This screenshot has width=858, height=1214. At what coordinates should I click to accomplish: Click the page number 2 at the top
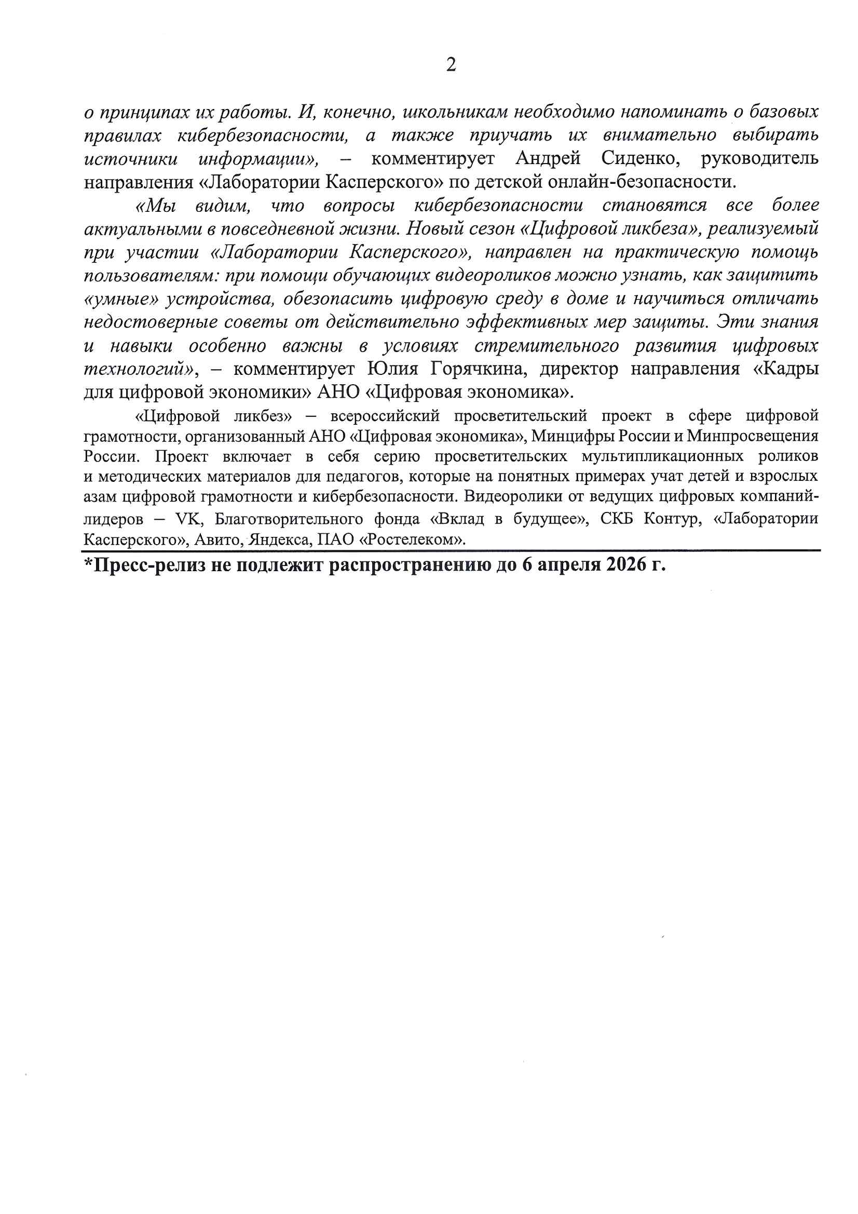451,64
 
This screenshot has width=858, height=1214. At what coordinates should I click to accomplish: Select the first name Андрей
548,158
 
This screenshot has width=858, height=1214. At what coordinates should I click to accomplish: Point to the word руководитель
759,158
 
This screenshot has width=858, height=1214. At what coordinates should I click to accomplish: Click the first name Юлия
392,369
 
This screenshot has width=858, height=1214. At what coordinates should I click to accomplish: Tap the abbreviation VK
188,519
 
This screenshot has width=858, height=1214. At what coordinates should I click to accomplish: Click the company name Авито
216,539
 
